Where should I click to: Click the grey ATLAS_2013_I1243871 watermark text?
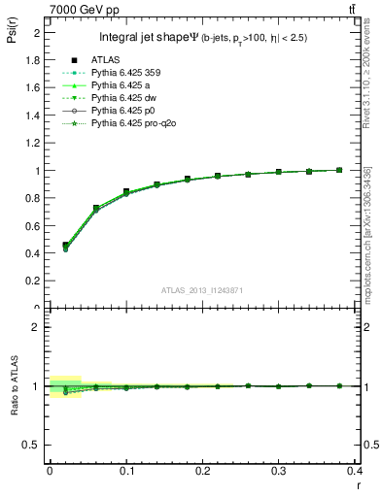click(201, 290)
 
